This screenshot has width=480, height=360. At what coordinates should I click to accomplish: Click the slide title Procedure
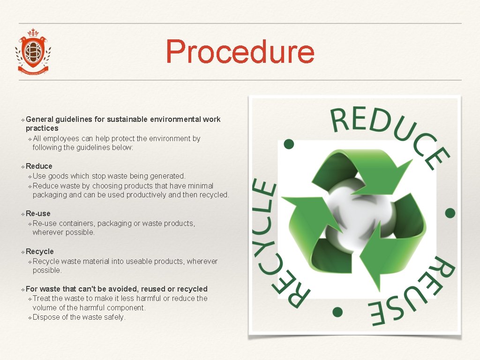[x=240, y=52]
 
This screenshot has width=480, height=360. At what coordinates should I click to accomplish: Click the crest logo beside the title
[x=33, y=52]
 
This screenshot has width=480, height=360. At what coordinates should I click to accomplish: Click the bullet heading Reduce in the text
[x=39, y=166]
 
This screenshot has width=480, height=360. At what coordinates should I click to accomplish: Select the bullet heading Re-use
[x=38, y=213]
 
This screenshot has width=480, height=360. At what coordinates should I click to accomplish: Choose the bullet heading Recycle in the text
[x=40, y=251]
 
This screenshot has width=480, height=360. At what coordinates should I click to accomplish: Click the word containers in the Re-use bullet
[x=77, y=223]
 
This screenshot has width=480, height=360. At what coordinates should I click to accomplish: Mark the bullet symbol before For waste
[x=22, y=289]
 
